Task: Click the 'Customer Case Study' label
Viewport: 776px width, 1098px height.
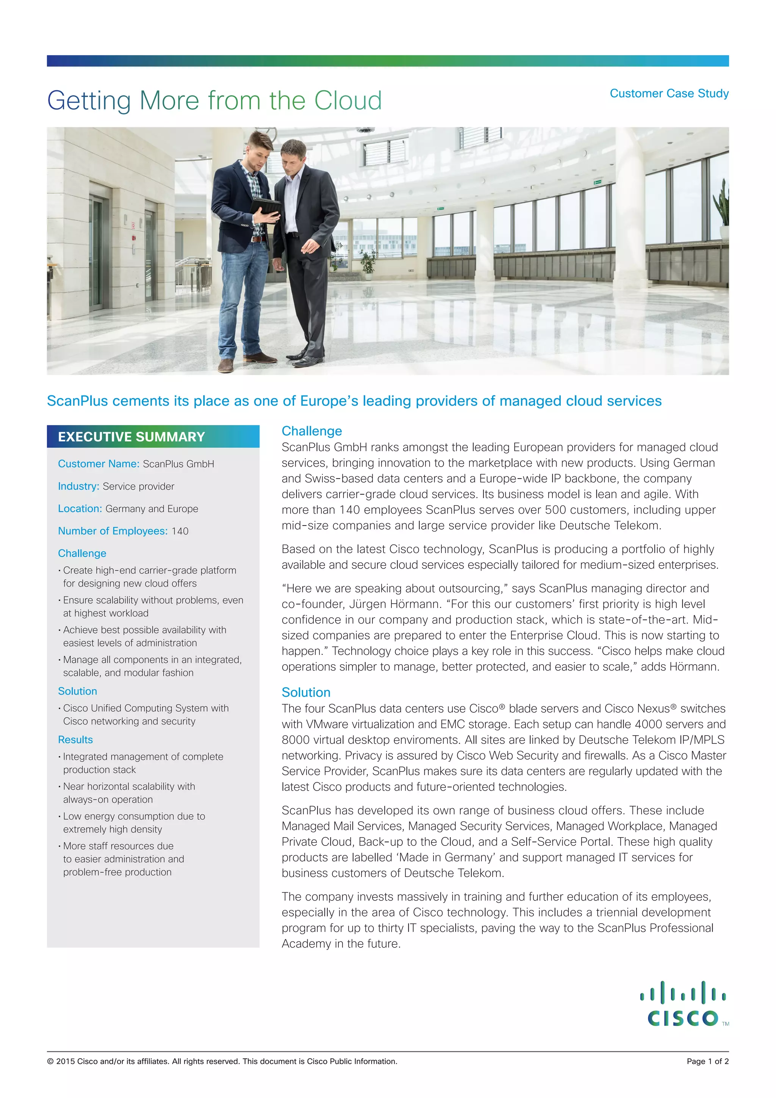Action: tap(669, 93)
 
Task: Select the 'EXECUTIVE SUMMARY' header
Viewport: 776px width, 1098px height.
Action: tap(131, 437)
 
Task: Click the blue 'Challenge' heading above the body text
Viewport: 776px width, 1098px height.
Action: tap(311, 431)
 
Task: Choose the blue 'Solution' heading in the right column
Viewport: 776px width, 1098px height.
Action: tap(306, 692)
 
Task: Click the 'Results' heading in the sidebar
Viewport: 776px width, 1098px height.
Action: tap(75, 739)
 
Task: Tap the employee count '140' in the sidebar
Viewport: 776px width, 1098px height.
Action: tap(180, 531)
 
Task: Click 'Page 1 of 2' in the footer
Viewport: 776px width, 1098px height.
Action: tap(707, 1061)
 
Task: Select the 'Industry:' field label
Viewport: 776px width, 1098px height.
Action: tap(78, 486)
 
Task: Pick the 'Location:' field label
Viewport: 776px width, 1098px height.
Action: tap(80, 508)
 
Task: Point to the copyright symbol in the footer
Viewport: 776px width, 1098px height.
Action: tap(50, 1061)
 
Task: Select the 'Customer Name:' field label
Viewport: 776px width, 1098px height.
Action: tap(99, 463)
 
